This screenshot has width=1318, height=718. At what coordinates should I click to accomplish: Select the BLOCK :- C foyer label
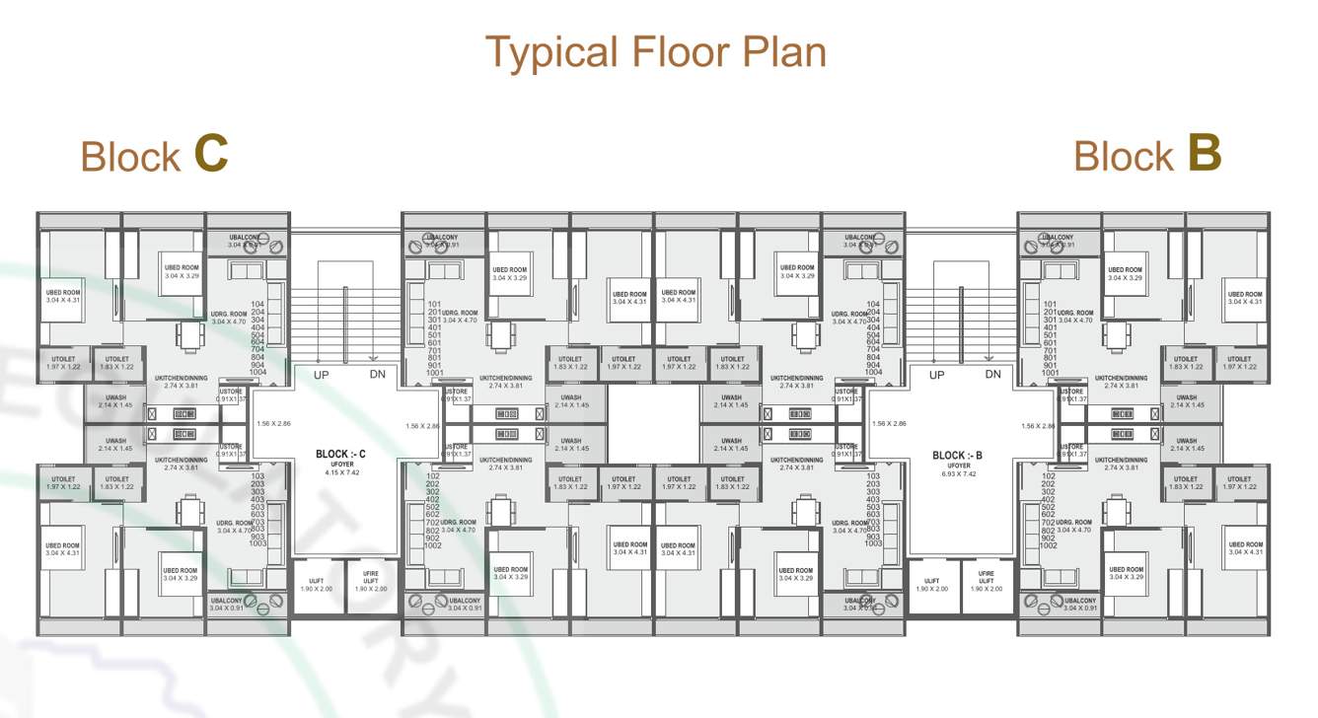(x=340, y=455)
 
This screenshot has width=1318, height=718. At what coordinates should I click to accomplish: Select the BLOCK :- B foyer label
(x=957, y=456)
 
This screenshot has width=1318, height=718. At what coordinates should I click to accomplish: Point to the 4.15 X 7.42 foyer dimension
(x=341, y=472)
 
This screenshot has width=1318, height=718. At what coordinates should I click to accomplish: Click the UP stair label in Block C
(x=322, y=375)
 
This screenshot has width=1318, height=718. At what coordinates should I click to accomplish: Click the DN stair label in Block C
(x=378, y=375)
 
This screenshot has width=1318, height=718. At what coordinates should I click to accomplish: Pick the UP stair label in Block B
(x=937, y=375)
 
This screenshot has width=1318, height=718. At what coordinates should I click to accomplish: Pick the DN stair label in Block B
(x=992, y=375)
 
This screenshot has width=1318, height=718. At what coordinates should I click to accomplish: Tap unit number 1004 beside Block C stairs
(x=258, y=373)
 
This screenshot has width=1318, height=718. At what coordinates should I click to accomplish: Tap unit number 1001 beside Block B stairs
(x=1050, y=373)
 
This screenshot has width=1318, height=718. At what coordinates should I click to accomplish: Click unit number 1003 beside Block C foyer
(x=257, y=543)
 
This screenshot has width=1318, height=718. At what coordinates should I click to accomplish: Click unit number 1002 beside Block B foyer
(x=1050, y=545)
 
